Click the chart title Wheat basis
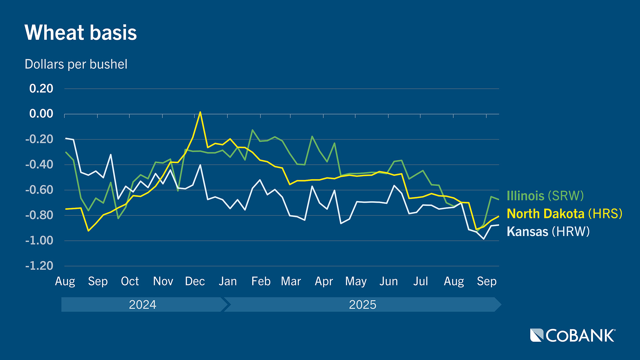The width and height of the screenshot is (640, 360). pos(81,33)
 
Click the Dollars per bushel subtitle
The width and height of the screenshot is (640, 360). pos(76,64)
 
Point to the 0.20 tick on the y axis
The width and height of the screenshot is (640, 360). pos(41,89)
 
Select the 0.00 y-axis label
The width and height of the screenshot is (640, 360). pos(41,114)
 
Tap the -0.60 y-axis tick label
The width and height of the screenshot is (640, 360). pos(39,190)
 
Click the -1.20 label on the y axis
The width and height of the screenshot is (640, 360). pos(39,266)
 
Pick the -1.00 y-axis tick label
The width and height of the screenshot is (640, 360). pos(39,241)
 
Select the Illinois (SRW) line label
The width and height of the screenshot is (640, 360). pos(545,196)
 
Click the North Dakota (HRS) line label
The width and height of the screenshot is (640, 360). pos(564,214)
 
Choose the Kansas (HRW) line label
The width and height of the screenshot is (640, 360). pos(548,232)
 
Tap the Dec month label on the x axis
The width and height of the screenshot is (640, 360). pos(195,281)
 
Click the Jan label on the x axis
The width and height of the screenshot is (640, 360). pos(228,281)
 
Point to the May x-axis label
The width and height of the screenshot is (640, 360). pos(356,282)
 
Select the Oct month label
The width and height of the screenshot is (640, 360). pos(130,281)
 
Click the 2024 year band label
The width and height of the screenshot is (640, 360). pos(142,305)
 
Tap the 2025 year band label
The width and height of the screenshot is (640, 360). pos(362,305)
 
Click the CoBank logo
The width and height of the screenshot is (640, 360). pos(573,335)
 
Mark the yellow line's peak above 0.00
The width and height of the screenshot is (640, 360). pos(200,112)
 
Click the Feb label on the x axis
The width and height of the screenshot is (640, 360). pos(261,281)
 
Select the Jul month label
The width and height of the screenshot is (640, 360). pos(420,281)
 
